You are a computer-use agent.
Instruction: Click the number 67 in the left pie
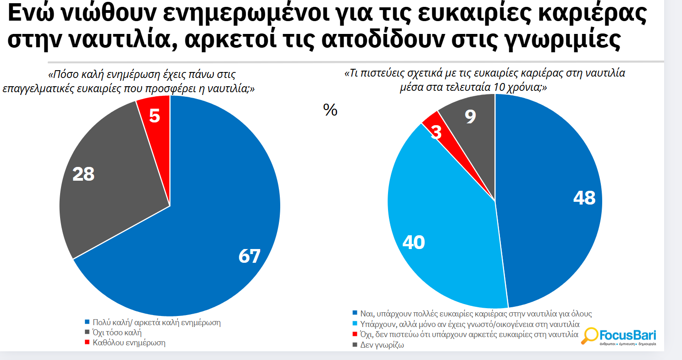250,256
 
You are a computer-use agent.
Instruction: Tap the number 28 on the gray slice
83,174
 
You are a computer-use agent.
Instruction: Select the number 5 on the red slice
155,116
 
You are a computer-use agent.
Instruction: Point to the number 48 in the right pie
584,198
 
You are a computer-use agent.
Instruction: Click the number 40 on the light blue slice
413,243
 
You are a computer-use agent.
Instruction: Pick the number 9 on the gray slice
470,117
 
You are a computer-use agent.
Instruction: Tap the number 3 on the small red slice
436,133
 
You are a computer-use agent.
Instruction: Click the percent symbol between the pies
330,110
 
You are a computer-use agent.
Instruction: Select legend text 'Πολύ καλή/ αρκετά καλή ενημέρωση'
156,322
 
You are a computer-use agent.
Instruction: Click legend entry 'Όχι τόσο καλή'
116,332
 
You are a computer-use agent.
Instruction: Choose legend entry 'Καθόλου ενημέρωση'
128,343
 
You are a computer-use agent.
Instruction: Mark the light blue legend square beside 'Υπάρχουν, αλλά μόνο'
355,324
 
